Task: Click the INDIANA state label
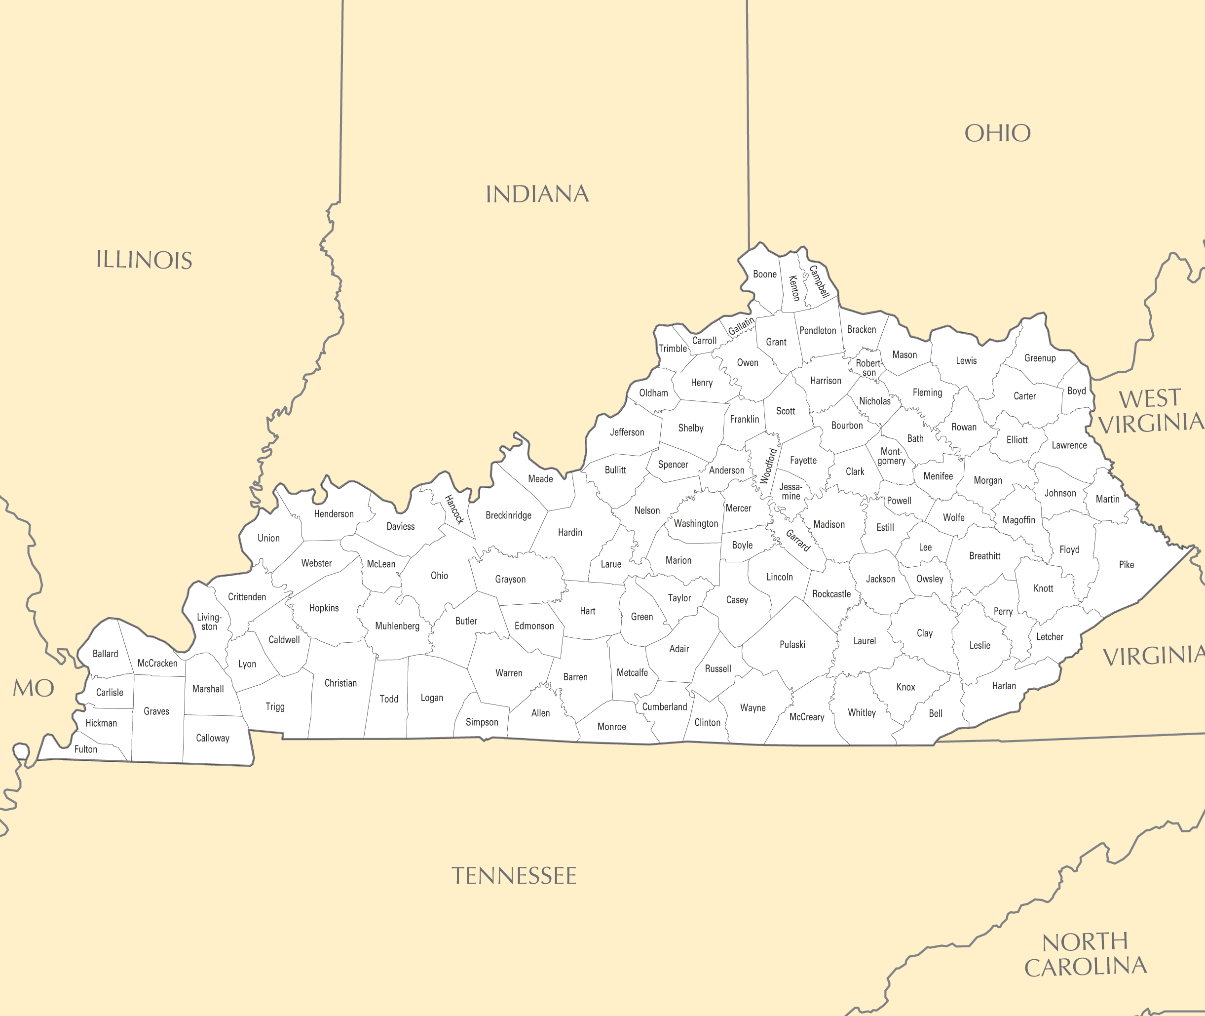tap(537, 194)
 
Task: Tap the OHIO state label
tap(997, 133)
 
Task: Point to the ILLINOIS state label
tap(144, 260)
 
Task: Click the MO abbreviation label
tap(34, 688)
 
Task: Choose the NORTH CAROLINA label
tap(1085, 954)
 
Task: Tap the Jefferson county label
tap(627, 432)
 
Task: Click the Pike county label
tap(1126, 564)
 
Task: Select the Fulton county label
tap(86, 749)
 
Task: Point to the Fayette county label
tap(803, 460)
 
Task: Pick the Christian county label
tap(340, 683)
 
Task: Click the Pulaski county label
tap(792, 645)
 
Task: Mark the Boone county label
tap(764, 274)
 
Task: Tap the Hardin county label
tap(570, 532)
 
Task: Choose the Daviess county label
tap(400, 526)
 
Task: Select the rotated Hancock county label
tap(454, 509)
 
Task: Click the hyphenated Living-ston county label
tap(209, 622)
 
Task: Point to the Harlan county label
tap(1004, 685)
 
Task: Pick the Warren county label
tap(508, 673)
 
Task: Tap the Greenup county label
tap(1040, 357)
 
